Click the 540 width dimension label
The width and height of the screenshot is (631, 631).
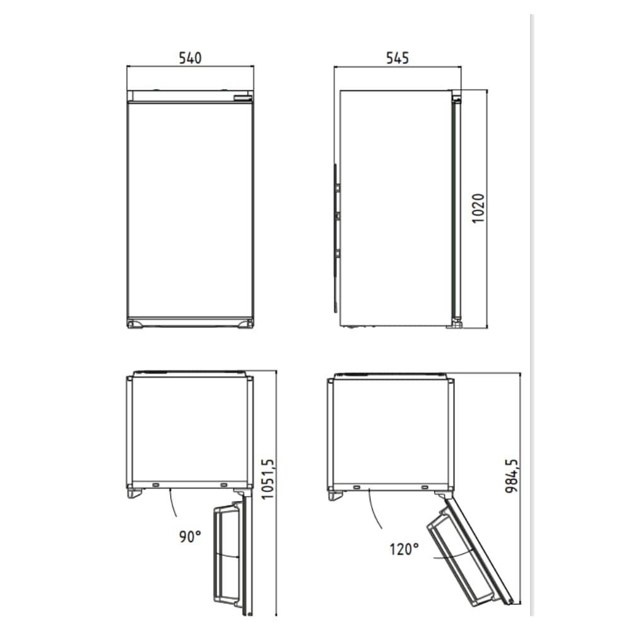point(190,58)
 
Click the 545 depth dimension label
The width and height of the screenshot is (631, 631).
point(397,58)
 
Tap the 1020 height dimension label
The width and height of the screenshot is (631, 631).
point(478,208)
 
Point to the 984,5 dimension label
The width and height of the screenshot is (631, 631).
point(512,476)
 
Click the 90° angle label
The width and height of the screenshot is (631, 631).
point(190,536)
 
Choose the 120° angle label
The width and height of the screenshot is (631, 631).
point(404,549)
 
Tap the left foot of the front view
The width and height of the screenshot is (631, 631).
point(136,324)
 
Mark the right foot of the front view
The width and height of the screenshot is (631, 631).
point(245,324)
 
